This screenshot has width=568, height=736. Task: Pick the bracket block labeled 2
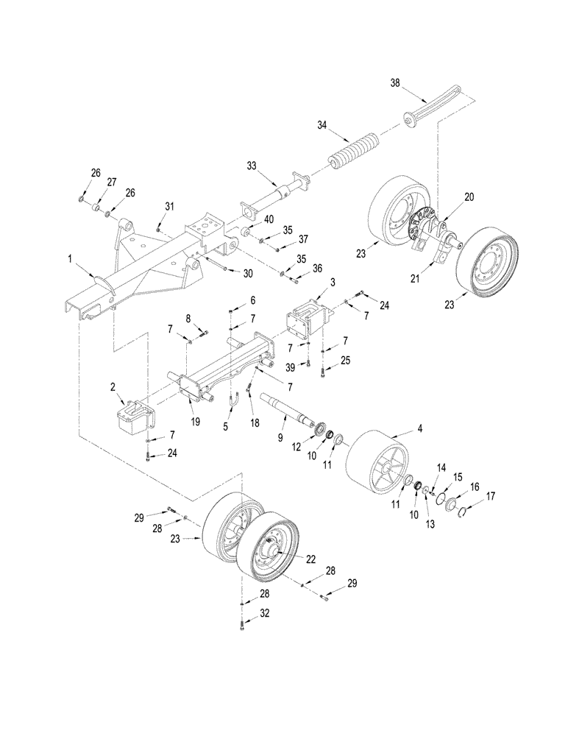(133, 418)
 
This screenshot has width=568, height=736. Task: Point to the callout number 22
(310, 560)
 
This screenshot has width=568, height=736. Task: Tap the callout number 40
(268, 220)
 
